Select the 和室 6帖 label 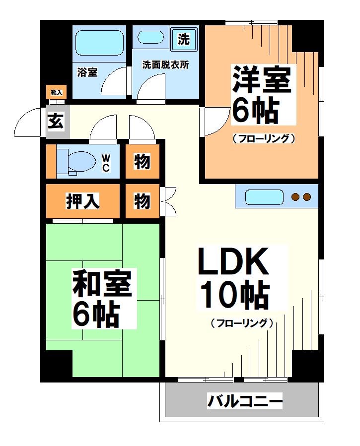click(102, 298)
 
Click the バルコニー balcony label click(245, 400)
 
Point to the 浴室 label click(87, 72)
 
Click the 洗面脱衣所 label click(165, 65)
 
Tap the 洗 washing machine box click(184, 39)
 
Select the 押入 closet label click(83, 201)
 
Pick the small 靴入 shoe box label click(56, 92)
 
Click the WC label click(106, 162)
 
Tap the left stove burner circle click(296, 197)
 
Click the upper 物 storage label click(142, 161)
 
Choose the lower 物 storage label click(142, 201)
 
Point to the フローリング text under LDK click(242, 323)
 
